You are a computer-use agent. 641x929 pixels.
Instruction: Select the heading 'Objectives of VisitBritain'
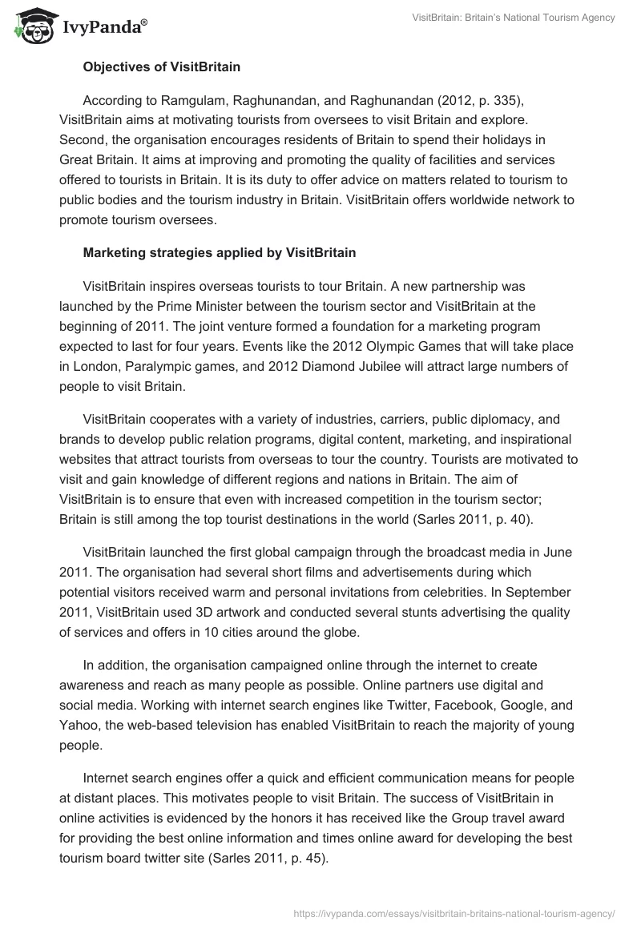coord(161,67)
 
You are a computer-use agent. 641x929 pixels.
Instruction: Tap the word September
coord(544,593)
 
